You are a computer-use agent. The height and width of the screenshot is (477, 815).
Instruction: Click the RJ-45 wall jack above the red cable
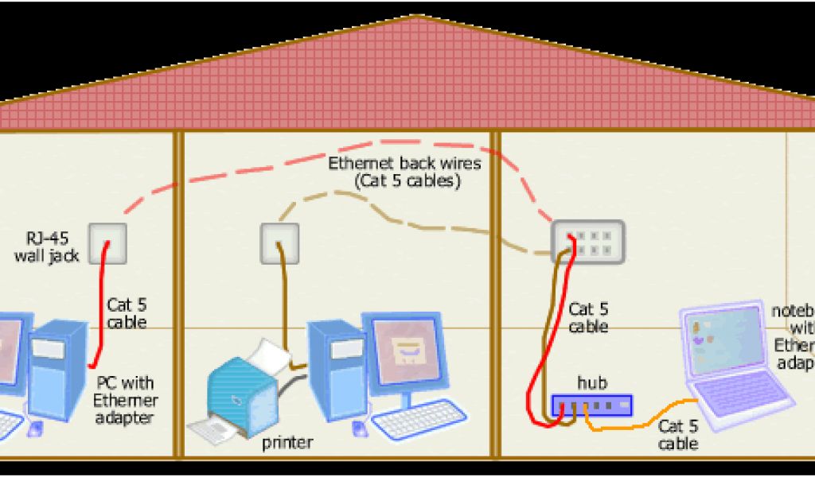point(107,242)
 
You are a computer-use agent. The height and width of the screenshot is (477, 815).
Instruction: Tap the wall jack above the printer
point(280,242)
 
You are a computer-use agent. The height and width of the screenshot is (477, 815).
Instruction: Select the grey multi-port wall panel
point(587,242)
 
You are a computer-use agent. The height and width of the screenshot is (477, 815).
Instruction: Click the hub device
point(591,405)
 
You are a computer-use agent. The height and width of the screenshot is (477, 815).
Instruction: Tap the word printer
point(287,443)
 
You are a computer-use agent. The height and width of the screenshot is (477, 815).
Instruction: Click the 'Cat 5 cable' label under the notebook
point(678,435)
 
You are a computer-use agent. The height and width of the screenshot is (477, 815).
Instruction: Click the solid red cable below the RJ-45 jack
point(99,310)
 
